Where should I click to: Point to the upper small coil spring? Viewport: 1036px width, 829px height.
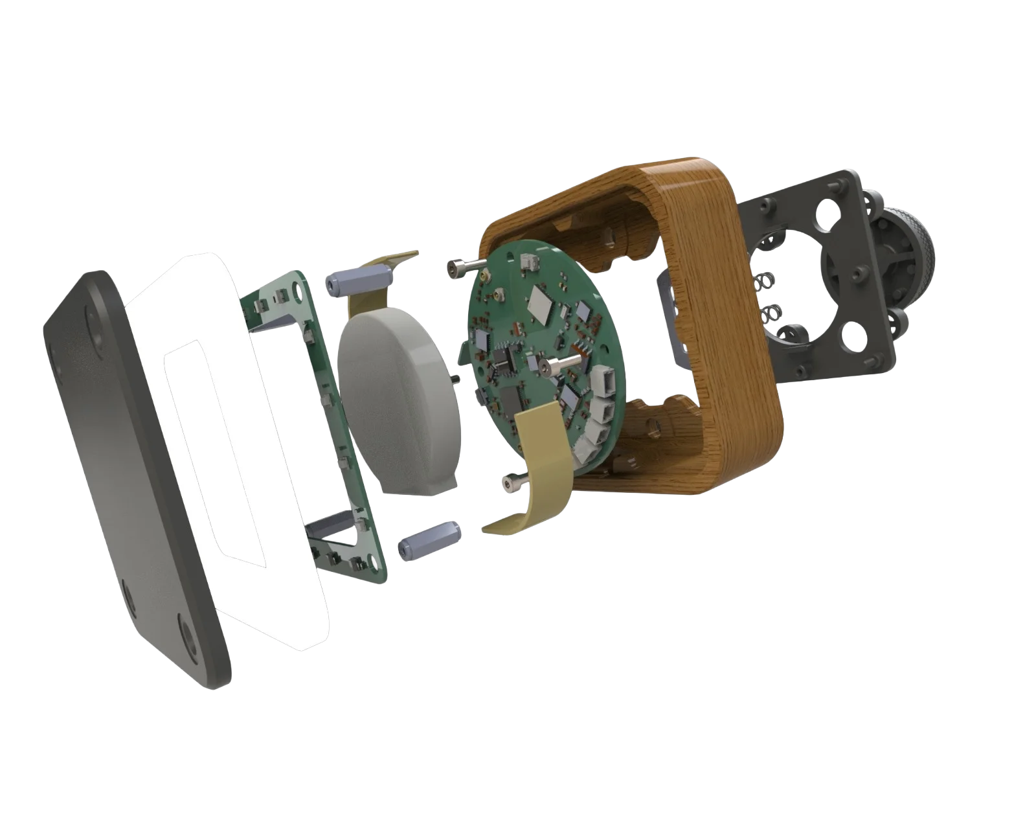coord(764,282)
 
